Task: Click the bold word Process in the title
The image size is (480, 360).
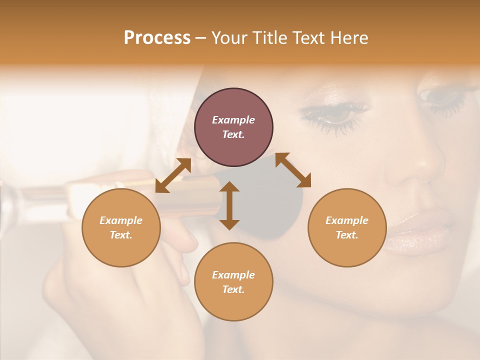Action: point(157,37)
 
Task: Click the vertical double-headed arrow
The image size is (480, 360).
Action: point(229,205)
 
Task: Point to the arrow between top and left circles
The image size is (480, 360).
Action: point(173,175)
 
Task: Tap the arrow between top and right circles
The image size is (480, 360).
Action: point(293,170)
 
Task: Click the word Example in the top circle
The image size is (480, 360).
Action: point(233,120)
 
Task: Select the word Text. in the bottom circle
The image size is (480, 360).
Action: point(233,289)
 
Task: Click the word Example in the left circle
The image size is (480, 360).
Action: point(121,220)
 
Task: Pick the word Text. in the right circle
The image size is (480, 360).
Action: point(347,235)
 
